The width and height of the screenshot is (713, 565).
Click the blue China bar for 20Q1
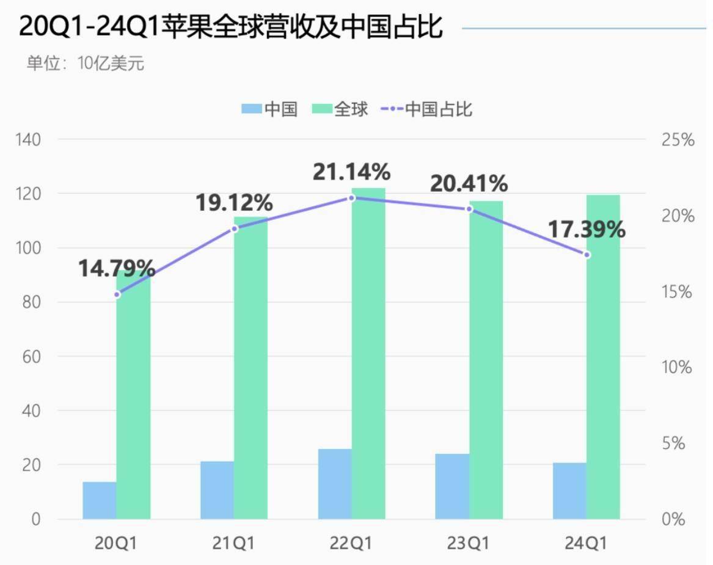pyautogui.click(x=100, y=500)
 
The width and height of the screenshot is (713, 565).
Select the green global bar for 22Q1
pyautogui.click(x=368, y=354)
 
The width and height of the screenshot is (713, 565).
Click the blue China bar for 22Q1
pyautogui.click(x=335, y=484)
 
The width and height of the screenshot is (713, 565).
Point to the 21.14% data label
pyautogui.click(x=351, y=173)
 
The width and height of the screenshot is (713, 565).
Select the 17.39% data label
pyautogui.click(x=587, y=230)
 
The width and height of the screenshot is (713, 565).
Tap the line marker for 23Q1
pyautogui.click(x=469, y=209)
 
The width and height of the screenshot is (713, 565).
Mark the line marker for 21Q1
pyautogui.click(x=234, y=228)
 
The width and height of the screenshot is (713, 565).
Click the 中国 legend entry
pyautogui.click(x=269, y=109)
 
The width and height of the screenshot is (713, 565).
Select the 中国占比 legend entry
pyautogui.click(x=426, y=109)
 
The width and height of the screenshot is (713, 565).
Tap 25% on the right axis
pyautogui.click(x=678, y=140)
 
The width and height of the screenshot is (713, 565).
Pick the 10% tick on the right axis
pyautogui.click(x=678, y=368)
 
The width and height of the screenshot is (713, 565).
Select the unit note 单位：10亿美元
pyautogui.click(x=85, y=64)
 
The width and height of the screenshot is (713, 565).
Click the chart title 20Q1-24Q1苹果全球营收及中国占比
pyautogui.click(x=231, y=28)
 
